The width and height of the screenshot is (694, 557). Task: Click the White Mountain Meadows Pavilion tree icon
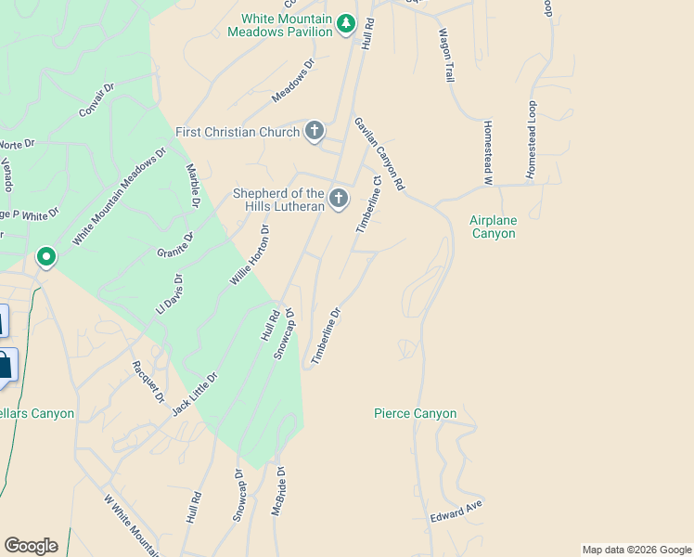346,23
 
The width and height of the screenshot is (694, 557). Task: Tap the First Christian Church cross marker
315,132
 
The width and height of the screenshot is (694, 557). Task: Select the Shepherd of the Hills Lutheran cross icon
339,198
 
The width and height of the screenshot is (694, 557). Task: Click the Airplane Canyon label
492,227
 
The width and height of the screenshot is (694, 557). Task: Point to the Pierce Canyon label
415,413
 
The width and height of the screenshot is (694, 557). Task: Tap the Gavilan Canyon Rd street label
379,154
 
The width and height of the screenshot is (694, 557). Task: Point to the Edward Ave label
456,510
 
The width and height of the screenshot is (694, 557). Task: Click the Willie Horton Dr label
250,254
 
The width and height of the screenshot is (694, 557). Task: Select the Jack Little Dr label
195,394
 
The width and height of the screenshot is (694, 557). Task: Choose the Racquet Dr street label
148,382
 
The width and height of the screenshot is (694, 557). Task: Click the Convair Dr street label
96,99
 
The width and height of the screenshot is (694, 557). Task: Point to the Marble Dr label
194,185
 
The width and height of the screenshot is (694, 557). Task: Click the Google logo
31,546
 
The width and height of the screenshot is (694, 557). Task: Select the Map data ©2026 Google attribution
636,550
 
